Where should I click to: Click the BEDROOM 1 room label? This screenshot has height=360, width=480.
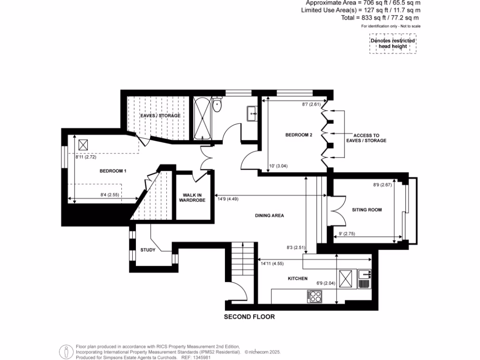coord(113,171)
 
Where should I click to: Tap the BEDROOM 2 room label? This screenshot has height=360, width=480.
coord(299,135)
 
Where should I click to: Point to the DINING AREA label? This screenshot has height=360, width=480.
coord(270,216)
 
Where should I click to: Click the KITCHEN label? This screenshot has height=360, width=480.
coord(298,278)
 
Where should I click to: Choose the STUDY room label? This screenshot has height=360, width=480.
coord(148,250)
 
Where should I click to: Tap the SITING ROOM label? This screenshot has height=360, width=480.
coord(367,210)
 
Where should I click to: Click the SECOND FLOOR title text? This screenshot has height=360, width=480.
coord(249,317)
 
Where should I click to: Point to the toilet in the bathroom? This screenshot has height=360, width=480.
coord(217,105)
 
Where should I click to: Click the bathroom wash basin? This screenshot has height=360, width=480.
coord(251,112)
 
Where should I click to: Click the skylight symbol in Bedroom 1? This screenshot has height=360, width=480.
coord(83,144)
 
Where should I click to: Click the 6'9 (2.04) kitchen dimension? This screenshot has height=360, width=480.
coord(325,283)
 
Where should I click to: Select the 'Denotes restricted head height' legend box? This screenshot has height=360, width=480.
coord(392,44)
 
